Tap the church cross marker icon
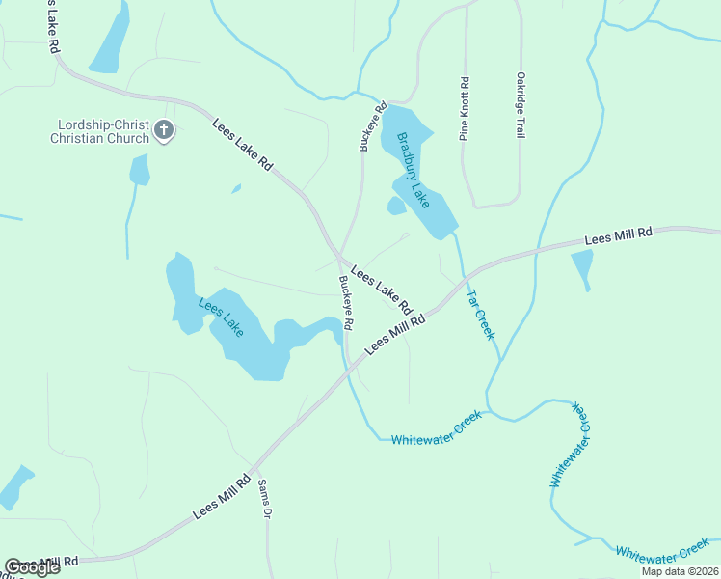click(x=164, y=130)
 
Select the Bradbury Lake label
click(x=414, y=169)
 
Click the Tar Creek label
click(x=480, y=315)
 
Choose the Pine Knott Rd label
click(x=465, y=109)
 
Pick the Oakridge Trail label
click(x=521, y=104)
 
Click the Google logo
click(x=32, y=567)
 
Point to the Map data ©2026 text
click(x=680, y=571)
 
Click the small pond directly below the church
click(x=140, y=171)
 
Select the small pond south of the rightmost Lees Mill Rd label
click(x=582, y=266)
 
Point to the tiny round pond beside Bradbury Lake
click(x=396, y=206)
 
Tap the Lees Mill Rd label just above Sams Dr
click(x=222, y=496)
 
